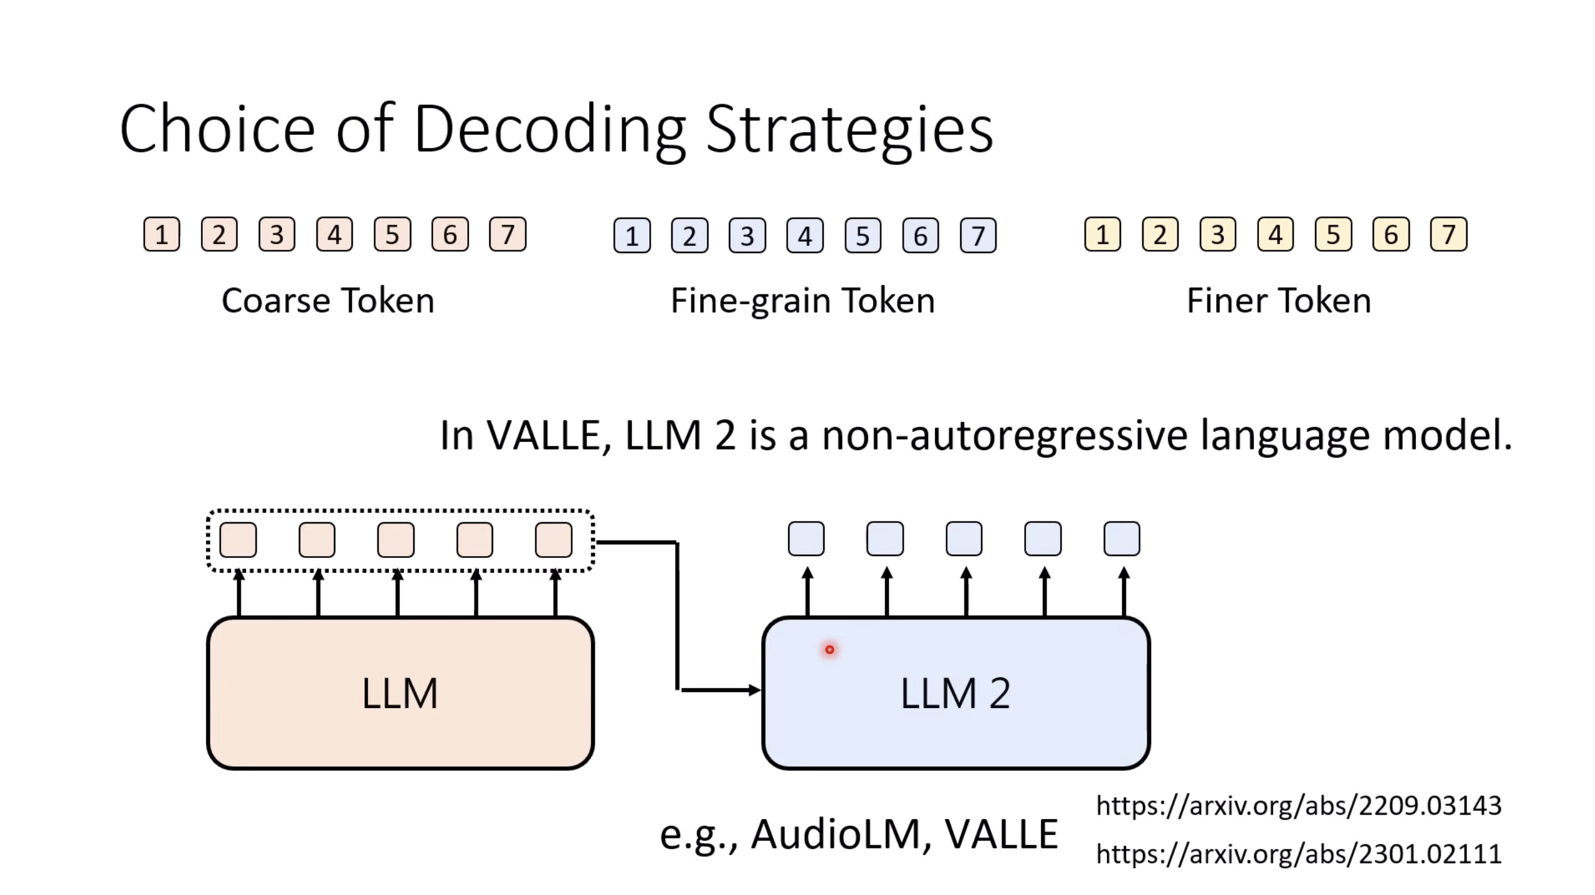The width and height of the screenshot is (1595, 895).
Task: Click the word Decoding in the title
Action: point(549,130)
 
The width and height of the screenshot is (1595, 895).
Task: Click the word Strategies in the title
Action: point(849,130)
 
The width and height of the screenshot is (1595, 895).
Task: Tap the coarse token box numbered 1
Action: point(162,235)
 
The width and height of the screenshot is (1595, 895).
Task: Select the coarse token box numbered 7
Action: point(507,235)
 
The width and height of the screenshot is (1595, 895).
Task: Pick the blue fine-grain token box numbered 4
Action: point(805,236)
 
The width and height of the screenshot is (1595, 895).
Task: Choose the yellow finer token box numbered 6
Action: point(1391,235)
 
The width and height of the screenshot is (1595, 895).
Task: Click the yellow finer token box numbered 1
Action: point(1103,235)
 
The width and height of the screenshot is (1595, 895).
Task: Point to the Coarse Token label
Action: point(328,301)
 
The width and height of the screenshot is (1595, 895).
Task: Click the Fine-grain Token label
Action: point(803,301)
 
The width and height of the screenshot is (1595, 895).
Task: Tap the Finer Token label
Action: point(1279,301)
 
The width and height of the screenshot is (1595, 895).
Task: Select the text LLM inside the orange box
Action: point(400,694)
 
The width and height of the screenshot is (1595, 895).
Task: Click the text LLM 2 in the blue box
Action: point(955,694)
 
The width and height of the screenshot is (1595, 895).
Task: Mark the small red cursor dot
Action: point(830,650)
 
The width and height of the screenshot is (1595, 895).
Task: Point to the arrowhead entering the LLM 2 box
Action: point(755,690)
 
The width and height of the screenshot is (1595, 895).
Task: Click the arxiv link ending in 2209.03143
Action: point(1299,806)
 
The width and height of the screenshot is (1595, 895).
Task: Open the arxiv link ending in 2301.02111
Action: point(1299,854)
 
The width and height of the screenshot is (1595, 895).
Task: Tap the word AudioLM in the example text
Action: point(835,835)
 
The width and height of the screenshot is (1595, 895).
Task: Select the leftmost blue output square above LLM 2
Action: point(806,539)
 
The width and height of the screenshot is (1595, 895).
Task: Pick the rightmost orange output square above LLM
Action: point(554,540)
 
